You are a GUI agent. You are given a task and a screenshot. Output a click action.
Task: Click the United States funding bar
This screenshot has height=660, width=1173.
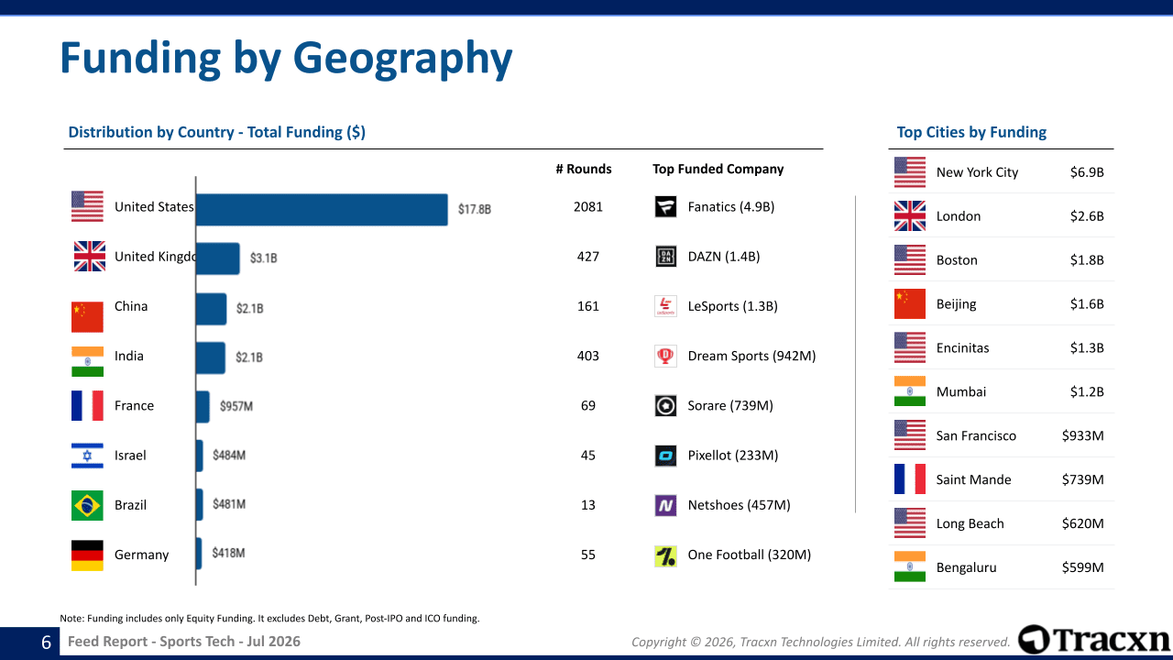point(322,210)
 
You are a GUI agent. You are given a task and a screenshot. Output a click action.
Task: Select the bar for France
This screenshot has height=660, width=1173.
point(203,406)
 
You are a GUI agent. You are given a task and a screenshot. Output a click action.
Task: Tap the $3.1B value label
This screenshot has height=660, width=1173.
point(263,258)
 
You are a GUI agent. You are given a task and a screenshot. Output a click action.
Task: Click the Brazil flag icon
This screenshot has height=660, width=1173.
point(87,505)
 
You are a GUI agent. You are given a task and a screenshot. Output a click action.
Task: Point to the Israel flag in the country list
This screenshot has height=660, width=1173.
point(87,456)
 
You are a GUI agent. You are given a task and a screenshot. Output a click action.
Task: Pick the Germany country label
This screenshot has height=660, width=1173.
point(141,555)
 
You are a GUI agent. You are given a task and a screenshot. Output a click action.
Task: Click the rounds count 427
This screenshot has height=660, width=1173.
point(588,257)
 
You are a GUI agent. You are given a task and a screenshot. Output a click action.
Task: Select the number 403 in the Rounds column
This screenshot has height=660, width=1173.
point(588,357)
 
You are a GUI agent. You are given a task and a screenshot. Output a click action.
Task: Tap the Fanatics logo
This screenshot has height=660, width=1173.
point(665,207)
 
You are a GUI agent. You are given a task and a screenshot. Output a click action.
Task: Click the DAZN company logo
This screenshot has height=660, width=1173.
point(665,257)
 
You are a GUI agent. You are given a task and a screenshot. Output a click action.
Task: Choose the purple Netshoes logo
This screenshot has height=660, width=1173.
point(665,505)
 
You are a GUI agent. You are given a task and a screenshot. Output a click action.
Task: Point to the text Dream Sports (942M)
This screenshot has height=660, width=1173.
point(752,357)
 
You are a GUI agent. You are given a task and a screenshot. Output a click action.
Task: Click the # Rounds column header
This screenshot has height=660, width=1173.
point(584,170)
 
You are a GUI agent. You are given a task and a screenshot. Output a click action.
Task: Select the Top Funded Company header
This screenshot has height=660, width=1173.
point(718,170)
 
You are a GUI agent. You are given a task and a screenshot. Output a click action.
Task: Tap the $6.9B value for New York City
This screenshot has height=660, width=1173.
point(1087,172)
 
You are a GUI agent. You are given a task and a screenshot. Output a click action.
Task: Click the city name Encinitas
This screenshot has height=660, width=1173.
point(962,348)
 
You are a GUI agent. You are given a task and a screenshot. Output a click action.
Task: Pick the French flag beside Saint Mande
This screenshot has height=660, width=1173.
point(910,479)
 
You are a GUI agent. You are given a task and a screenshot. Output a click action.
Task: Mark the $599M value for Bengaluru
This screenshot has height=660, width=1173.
point(1083,567)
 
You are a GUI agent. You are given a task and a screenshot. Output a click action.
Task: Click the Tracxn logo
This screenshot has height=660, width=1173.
point(1094,640)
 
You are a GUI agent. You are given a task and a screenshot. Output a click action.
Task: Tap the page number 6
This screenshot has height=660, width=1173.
point(46,643)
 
